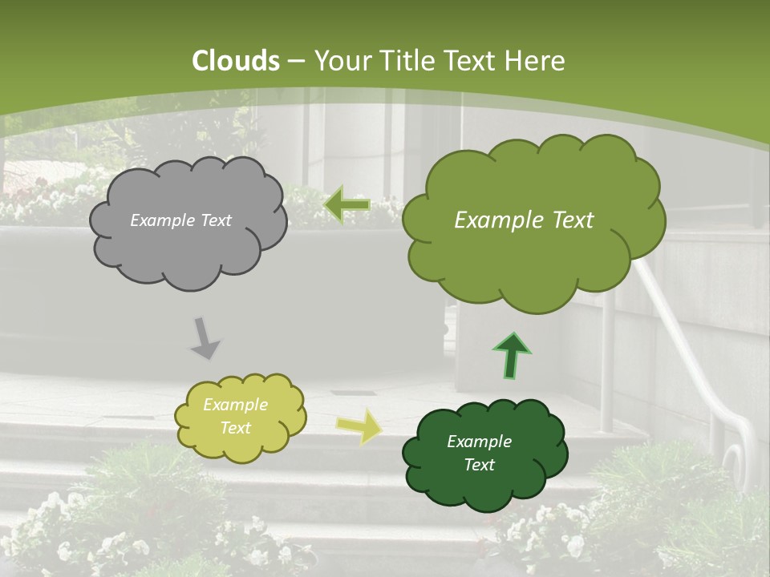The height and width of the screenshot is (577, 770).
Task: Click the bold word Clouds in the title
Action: (x=236, y=61)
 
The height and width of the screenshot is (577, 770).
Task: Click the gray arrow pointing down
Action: (x=205, y=337)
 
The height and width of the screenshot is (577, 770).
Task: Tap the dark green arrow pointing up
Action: (x=512, y=355)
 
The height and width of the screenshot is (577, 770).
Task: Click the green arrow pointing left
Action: (x=347, y=205)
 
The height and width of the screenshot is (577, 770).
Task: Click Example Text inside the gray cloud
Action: (x=180, y=220)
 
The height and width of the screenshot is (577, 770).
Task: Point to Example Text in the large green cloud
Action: (x=524, y=220)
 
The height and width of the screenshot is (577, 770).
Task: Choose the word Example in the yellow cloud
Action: (x=235, y=405)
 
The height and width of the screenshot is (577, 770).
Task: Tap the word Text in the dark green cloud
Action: (x=479, y=465)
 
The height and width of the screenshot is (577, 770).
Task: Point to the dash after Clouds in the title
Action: (x=296, y=62)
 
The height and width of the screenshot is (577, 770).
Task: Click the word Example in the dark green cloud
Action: (x=479, y=442)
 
